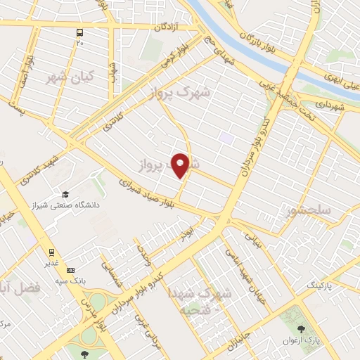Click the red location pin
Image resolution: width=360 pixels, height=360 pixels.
181,165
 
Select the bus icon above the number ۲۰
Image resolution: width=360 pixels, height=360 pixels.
79,32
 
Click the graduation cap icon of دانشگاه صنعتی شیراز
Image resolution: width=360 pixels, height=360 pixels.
65,194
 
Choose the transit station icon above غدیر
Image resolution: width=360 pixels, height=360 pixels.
51,252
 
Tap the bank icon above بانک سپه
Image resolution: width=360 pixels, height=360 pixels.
70,270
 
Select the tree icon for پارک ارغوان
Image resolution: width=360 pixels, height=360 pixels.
301,328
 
